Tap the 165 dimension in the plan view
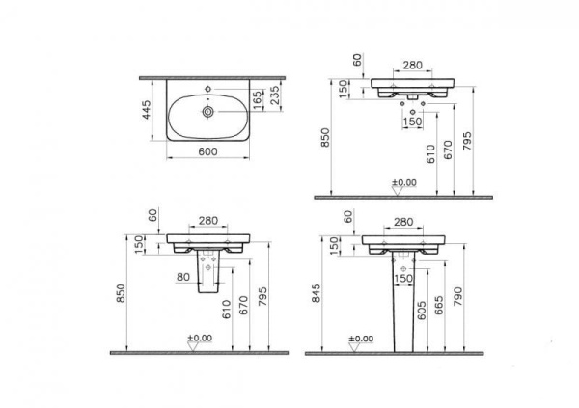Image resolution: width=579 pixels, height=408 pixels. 257,98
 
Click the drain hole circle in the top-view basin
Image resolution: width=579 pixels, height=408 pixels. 207,112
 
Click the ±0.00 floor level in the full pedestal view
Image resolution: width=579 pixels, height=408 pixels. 361,339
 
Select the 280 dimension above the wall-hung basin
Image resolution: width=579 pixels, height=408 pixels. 412,65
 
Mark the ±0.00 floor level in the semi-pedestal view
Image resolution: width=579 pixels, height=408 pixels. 199,339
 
